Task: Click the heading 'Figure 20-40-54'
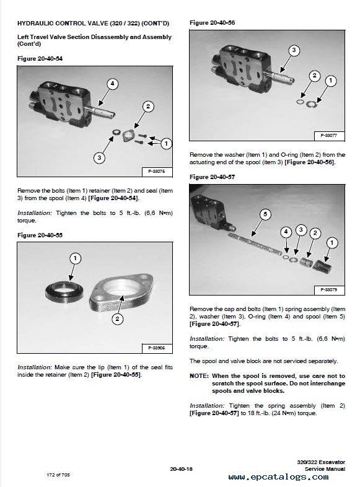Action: pyautogui.click(x=40, y=59)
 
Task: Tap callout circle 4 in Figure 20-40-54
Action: pyautogui.click(x=112, y=84)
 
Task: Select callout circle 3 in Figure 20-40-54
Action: pyautogui.click(x=99, y=158)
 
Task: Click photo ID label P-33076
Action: pyautogui.click(x=157, y=172)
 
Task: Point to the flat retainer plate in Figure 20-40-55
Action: pyautogui.click(x=122, y=292)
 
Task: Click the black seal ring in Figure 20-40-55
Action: pyautogui.click(x=64, y=291)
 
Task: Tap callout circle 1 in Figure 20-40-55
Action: pyautogui.click(x=75, y=258)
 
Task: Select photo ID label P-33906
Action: pyautogui.click(x=157, y=348)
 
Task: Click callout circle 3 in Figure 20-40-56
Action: pyautogui.click(x=294, y=50)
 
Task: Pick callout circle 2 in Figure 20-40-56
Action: pyautogui.click(x=314, y=76)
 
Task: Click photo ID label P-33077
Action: pyautogui.click(x=329, y=136)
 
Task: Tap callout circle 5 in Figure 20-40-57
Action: pyautogui.click(x=265, y=214)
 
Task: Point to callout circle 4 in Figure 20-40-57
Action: pyautogui.click(x=286, y=232)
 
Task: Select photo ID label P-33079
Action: pyautogui.click(x=329, y=290)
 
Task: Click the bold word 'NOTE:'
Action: pyautogui.click(x=199, y=376)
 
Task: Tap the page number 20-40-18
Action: pyautogui.click(x=182, y=469)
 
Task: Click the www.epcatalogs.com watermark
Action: pyautogui.click(x=278, y=476)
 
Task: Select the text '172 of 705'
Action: pyautogui.click(x=58, y=475)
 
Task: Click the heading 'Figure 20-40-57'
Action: pyautogui.click(x=212, y=177)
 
